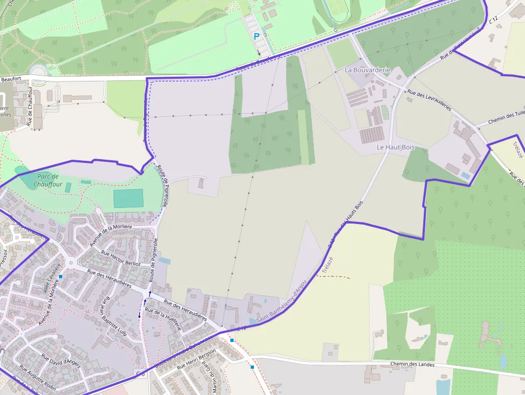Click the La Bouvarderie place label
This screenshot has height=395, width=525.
367,70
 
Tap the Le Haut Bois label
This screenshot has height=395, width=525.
396,147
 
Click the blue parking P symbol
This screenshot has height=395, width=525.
257,36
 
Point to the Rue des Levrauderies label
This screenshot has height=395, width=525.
429,100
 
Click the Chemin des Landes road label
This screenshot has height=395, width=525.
412,364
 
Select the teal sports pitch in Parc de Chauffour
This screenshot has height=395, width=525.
129,198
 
